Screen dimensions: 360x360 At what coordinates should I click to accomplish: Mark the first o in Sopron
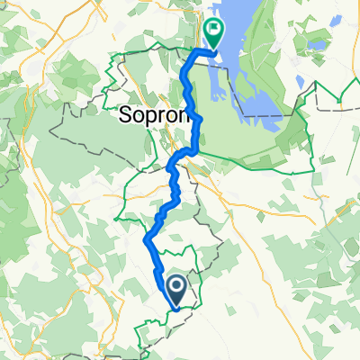pos(136,115)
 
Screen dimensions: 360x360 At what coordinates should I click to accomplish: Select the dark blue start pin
pos(176,290)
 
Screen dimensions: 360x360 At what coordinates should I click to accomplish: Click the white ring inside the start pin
pos(176,286)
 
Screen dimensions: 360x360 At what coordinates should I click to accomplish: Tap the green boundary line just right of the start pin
pos(193,297)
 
